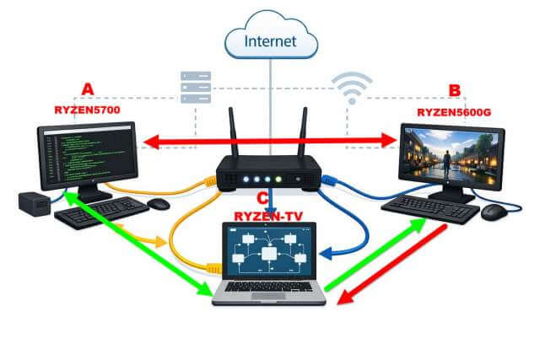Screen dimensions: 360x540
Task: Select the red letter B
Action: (455, 91)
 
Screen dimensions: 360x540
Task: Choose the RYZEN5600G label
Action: (453, 111)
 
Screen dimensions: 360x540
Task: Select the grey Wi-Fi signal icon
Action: (353, 89)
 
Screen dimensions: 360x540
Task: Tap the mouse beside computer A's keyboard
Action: (158, 203)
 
